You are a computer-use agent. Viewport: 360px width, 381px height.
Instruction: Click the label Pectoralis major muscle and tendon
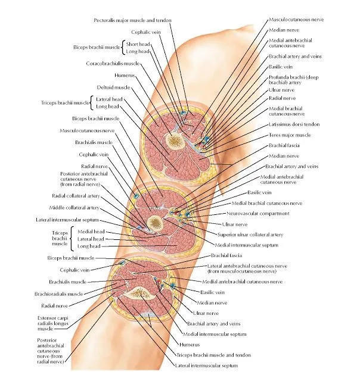132,20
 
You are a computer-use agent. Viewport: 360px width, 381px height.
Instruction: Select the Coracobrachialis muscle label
113,63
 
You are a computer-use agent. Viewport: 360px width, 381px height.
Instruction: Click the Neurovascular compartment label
258,213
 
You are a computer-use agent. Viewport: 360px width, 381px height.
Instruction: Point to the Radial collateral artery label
71,195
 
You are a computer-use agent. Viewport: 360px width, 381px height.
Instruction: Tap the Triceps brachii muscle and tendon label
212,354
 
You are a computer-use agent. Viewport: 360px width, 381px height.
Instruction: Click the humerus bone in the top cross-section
175,141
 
